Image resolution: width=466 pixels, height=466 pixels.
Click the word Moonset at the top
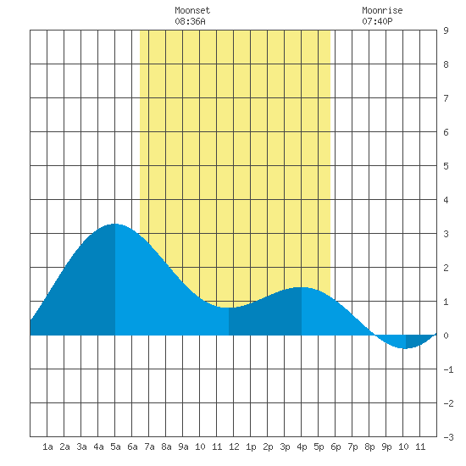(192, 10)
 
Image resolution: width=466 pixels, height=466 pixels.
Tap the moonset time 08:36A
(190, 21)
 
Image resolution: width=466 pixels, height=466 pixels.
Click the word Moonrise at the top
(382, 10)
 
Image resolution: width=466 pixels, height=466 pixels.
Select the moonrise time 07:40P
(377, 21)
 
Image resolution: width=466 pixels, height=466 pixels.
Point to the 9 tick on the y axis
(446, 31)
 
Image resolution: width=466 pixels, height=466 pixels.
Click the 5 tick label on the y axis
(446, 166)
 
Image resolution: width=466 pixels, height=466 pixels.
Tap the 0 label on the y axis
(446, 336)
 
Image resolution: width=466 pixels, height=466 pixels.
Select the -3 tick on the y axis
(448, 437)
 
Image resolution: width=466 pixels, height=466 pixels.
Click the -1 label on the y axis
(448, 369)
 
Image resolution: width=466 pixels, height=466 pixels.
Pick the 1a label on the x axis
(47, 447)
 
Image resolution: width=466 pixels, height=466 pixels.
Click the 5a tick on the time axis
(115, 447)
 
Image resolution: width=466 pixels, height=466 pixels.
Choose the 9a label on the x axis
(183, 447)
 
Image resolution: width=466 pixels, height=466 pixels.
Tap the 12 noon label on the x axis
(234, 447)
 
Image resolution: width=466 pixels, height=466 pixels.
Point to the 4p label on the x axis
(302, 447)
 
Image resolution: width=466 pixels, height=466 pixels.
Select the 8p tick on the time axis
(369, 447)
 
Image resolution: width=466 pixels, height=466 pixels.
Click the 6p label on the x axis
(336, 447)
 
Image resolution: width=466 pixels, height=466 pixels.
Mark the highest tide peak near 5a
(115, 224)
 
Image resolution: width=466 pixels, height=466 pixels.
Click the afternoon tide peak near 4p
(302, 288)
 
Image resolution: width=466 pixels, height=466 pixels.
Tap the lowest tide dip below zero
(406, 348)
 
